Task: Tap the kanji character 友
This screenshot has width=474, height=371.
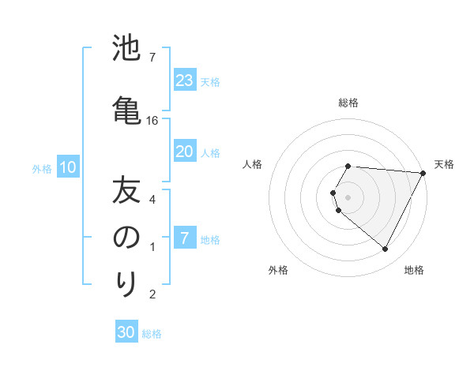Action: tap(127, 192)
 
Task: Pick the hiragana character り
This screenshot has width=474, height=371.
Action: tap(127, 283)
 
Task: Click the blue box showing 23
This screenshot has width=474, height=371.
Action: tap(185, 81)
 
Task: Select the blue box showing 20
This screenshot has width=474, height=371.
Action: tap(185, 152)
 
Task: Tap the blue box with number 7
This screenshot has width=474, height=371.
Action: tap(185, 239)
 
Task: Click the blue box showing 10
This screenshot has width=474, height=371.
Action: tap(68, 167)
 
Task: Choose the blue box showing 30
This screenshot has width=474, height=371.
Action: tap(126, 333)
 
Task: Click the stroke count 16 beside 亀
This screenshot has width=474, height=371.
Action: tap(152, 121)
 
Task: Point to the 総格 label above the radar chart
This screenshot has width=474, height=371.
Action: tap(348, 103)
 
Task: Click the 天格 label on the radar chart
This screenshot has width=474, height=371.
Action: tap(444, 164)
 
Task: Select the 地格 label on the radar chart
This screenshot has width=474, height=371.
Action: tap(414, 271)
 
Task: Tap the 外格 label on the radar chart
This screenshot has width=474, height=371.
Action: tap(278, 271)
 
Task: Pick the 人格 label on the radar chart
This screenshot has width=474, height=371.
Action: tap(253, 164)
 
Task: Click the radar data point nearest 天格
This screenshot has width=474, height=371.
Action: tap(423, 173)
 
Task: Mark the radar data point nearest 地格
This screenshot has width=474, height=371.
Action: tap(386, 249)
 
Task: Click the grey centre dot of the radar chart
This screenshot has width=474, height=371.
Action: tap(348, 197)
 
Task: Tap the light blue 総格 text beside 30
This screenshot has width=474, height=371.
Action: tap(152, 334)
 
